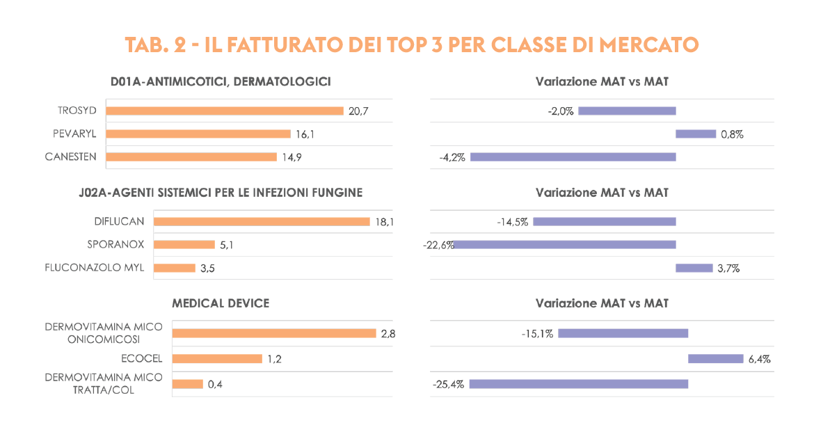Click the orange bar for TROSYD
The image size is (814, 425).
[225, 111]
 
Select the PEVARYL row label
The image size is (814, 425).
[74, 134]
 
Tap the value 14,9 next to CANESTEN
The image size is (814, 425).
[292, 157]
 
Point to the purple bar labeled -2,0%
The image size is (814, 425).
[627, 111]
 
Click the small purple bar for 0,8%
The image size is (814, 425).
[696, 134]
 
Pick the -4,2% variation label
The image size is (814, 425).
[452, 157]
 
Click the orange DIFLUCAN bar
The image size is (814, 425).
[262, 222]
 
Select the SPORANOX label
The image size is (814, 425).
[115, 245]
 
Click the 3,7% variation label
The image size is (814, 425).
[728, 268]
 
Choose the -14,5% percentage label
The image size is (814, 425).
[513, 222]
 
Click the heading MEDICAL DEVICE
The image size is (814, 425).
[221, 303]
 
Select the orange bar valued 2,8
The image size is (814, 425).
[273, 333]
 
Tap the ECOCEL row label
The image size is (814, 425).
[142, 359]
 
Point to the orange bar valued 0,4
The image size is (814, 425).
[187, 384]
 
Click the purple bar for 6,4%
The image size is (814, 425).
[715, 359]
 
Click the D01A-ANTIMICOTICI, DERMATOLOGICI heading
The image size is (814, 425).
[220, 81]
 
